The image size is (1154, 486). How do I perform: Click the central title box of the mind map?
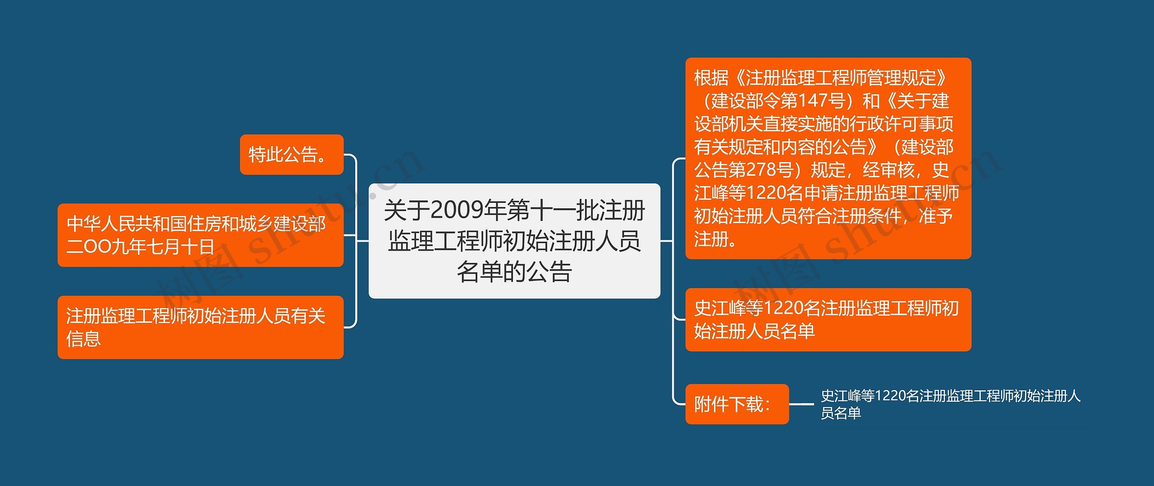pos(514,241)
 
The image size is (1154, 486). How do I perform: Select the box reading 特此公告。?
pos(291,155)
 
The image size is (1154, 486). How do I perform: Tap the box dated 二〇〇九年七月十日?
pos(200,235)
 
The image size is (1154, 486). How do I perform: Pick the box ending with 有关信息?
pos(200,327)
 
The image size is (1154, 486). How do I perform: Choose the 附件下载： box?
pos(737,404)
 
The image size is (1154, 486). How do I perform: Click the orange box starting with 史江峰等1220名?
pos(828,320)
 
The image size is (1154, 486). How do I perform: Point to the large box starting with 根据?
pos(828,158)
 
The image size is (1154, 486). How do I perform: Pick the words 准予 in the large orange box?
pos(936,216)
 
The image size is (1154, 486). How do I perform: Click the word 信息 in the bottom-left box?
pos(83,339)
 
